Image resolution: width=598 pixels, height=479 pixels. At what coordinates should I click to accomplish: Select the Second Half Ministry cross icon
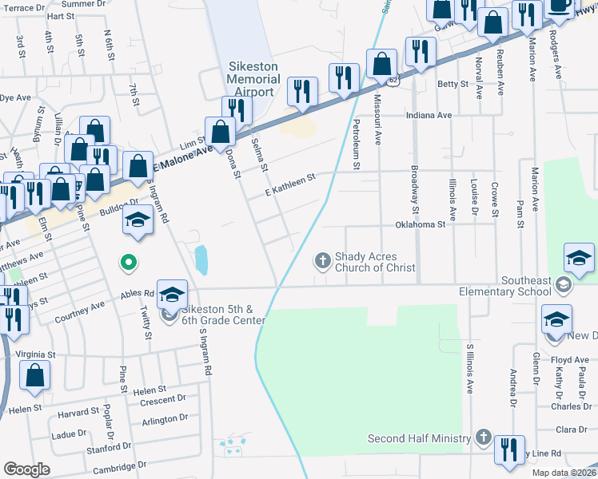(483, 437)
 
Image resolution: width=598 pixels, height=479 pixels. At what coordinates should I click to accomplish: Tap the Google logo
(27, 469)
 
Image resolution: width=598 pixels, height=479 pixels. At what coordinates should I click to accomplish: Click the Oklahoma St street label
(420, 225)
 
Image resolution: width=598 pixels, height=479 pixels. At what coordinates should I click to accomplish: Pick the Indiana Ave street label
(429, 116)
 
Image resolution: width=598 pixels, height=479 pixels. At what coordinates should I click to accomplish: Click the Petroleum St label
(357, 144)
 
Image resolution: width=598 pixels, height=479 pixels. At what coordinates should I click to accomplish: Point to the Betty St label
(452, 84)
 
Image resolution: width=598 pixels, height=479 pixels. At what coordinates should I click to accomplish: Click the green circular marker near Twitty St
(127, 261)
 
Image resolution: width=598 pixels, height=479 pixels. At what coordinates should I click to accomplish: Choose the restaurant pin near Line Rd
(509, 449)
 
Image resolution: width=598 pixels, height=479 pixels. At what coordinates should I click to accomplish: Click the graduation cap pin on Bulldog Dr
(138, 220)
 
